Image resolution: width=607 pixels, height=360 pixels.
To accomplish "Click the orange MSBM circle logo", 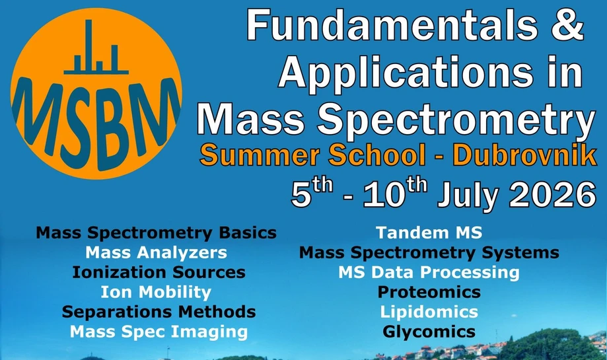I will [96, 90].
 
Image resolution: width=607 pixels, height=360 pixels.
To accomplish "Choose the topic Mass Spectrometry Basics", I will [156, 233].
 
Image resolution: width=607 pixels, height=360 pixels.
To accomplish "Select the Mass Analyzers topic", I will [156, 253].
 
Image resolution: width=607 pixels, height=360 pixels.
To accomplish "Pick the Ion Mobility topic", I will [156, 292].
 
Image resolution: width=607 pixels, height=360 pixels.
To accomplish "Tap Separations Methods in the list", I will [159, 311].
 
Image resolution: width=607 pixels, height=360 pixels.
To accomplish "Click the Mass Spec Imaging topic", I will [159, 331].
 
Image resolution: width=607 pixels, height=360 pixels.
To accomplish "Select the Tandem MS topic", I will [429, 233].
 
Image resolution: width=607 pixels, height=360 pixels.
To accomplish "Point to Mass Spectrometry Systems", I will [429, 253].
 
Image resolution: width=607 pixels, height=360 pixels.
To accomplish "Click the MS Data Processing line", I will [429, 272].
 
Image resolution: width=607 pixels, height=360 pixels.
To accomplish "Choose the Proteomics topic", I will [429, 292].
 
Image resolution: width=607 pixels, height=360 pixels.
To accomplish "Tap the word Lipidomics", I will [429, 311].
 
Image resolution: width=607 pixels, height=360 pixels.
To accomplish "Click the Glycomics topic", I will [429, 331].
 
